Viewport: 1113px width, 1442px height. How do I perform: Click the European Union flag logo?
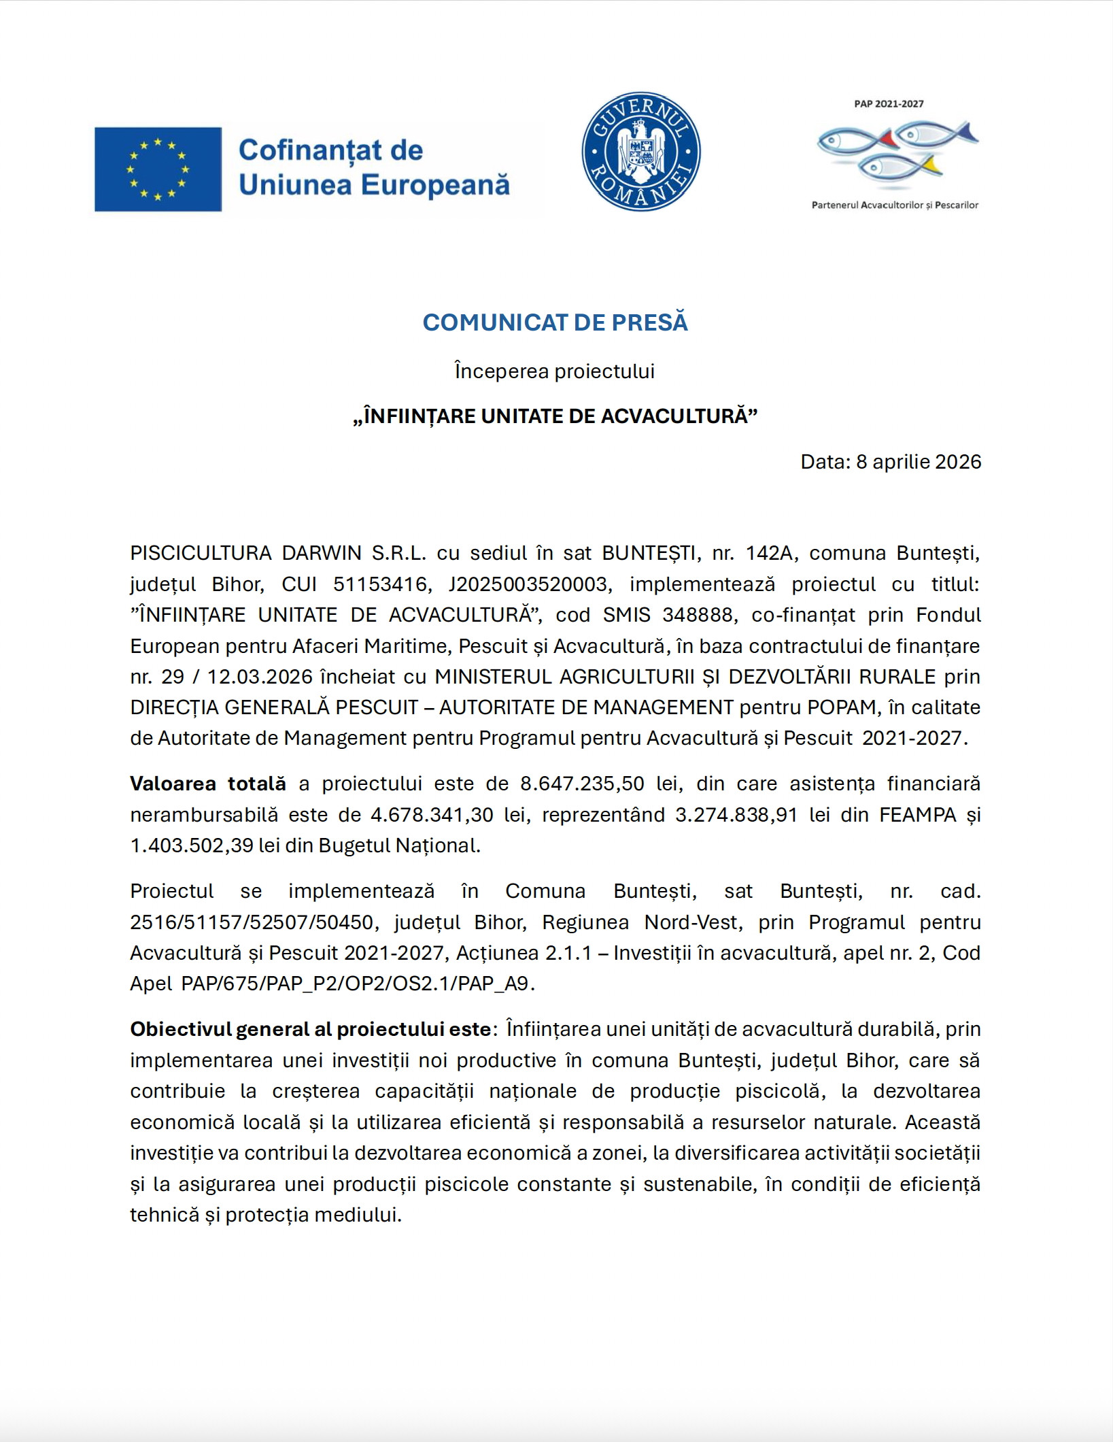(x=158, y=169)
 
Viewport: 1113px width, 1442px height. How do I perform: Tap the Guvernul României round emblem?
(x=640, y=152)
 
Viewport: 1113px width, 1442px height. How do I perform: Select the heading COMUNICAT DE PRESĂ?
(x=555, y=322)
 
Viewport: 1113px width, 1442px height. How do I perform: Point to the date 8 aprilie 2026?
(x=918, y=462)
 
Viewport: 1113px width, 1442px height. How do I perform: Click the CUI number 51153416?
(x=383, y=584)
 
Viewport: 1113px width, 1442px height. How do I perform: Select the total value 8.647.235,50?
(x=582, y=784)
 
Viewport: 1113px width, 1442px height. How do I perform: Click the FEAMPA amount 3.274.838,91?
(x=736, y=814)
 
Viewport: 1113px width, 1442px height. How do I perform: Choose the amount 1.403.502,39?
(x=191, y=845)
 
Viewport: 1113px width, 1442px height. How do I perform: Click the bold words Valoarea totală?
(x=208, y=784)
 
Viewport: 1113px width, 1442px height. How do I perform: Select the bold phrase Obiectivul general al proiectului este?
(x=310, y=1029)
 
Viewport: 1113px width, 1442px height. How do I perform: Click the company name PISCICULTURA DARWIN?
(x=245, y=553)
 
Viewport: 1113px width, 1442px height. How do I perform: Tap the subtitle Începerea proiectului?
(x=555, y=371)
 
